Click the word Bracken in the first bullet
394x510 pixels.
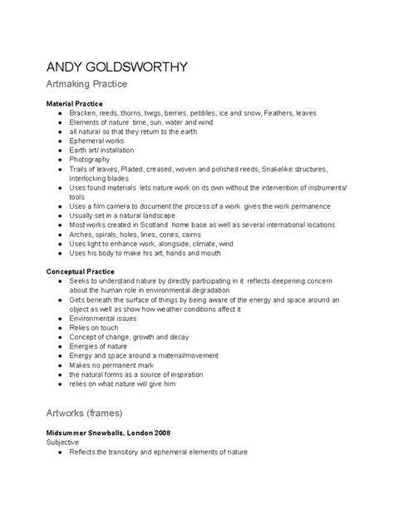pyautogui.click(x=82, y=112)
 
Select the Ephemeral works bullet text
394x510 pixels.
pyautogui.click(x=98, y=141)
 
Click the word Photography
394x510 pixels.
pyautogui.click(x=91, y=160)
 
